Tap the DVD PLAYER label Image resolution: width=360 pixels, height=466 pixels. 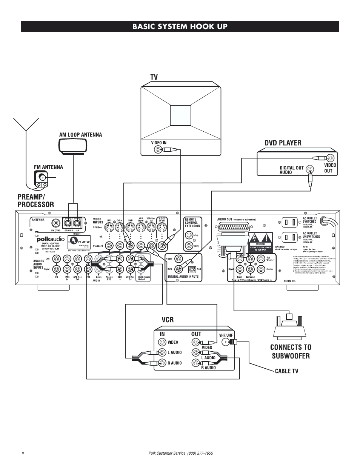pos(283,143)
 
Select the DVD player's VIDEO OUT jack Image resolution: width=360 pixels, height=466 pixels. pos(330,158)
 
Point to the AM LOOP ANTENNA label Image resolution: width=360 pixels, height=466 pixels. pos(80,134)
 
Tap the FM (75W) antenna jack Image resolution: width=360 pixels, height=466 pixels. pos(57,223)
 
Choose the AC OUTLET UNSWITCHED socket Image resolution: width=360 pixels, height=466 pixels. pos(290,238)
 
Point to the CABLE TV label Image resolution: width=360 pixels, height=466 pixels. pos(286,371)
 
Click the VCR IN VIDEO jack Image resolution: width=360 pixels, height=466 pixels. pos(162,342)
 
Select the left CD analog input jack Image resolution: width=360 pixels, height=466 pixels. pos(57,259)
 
